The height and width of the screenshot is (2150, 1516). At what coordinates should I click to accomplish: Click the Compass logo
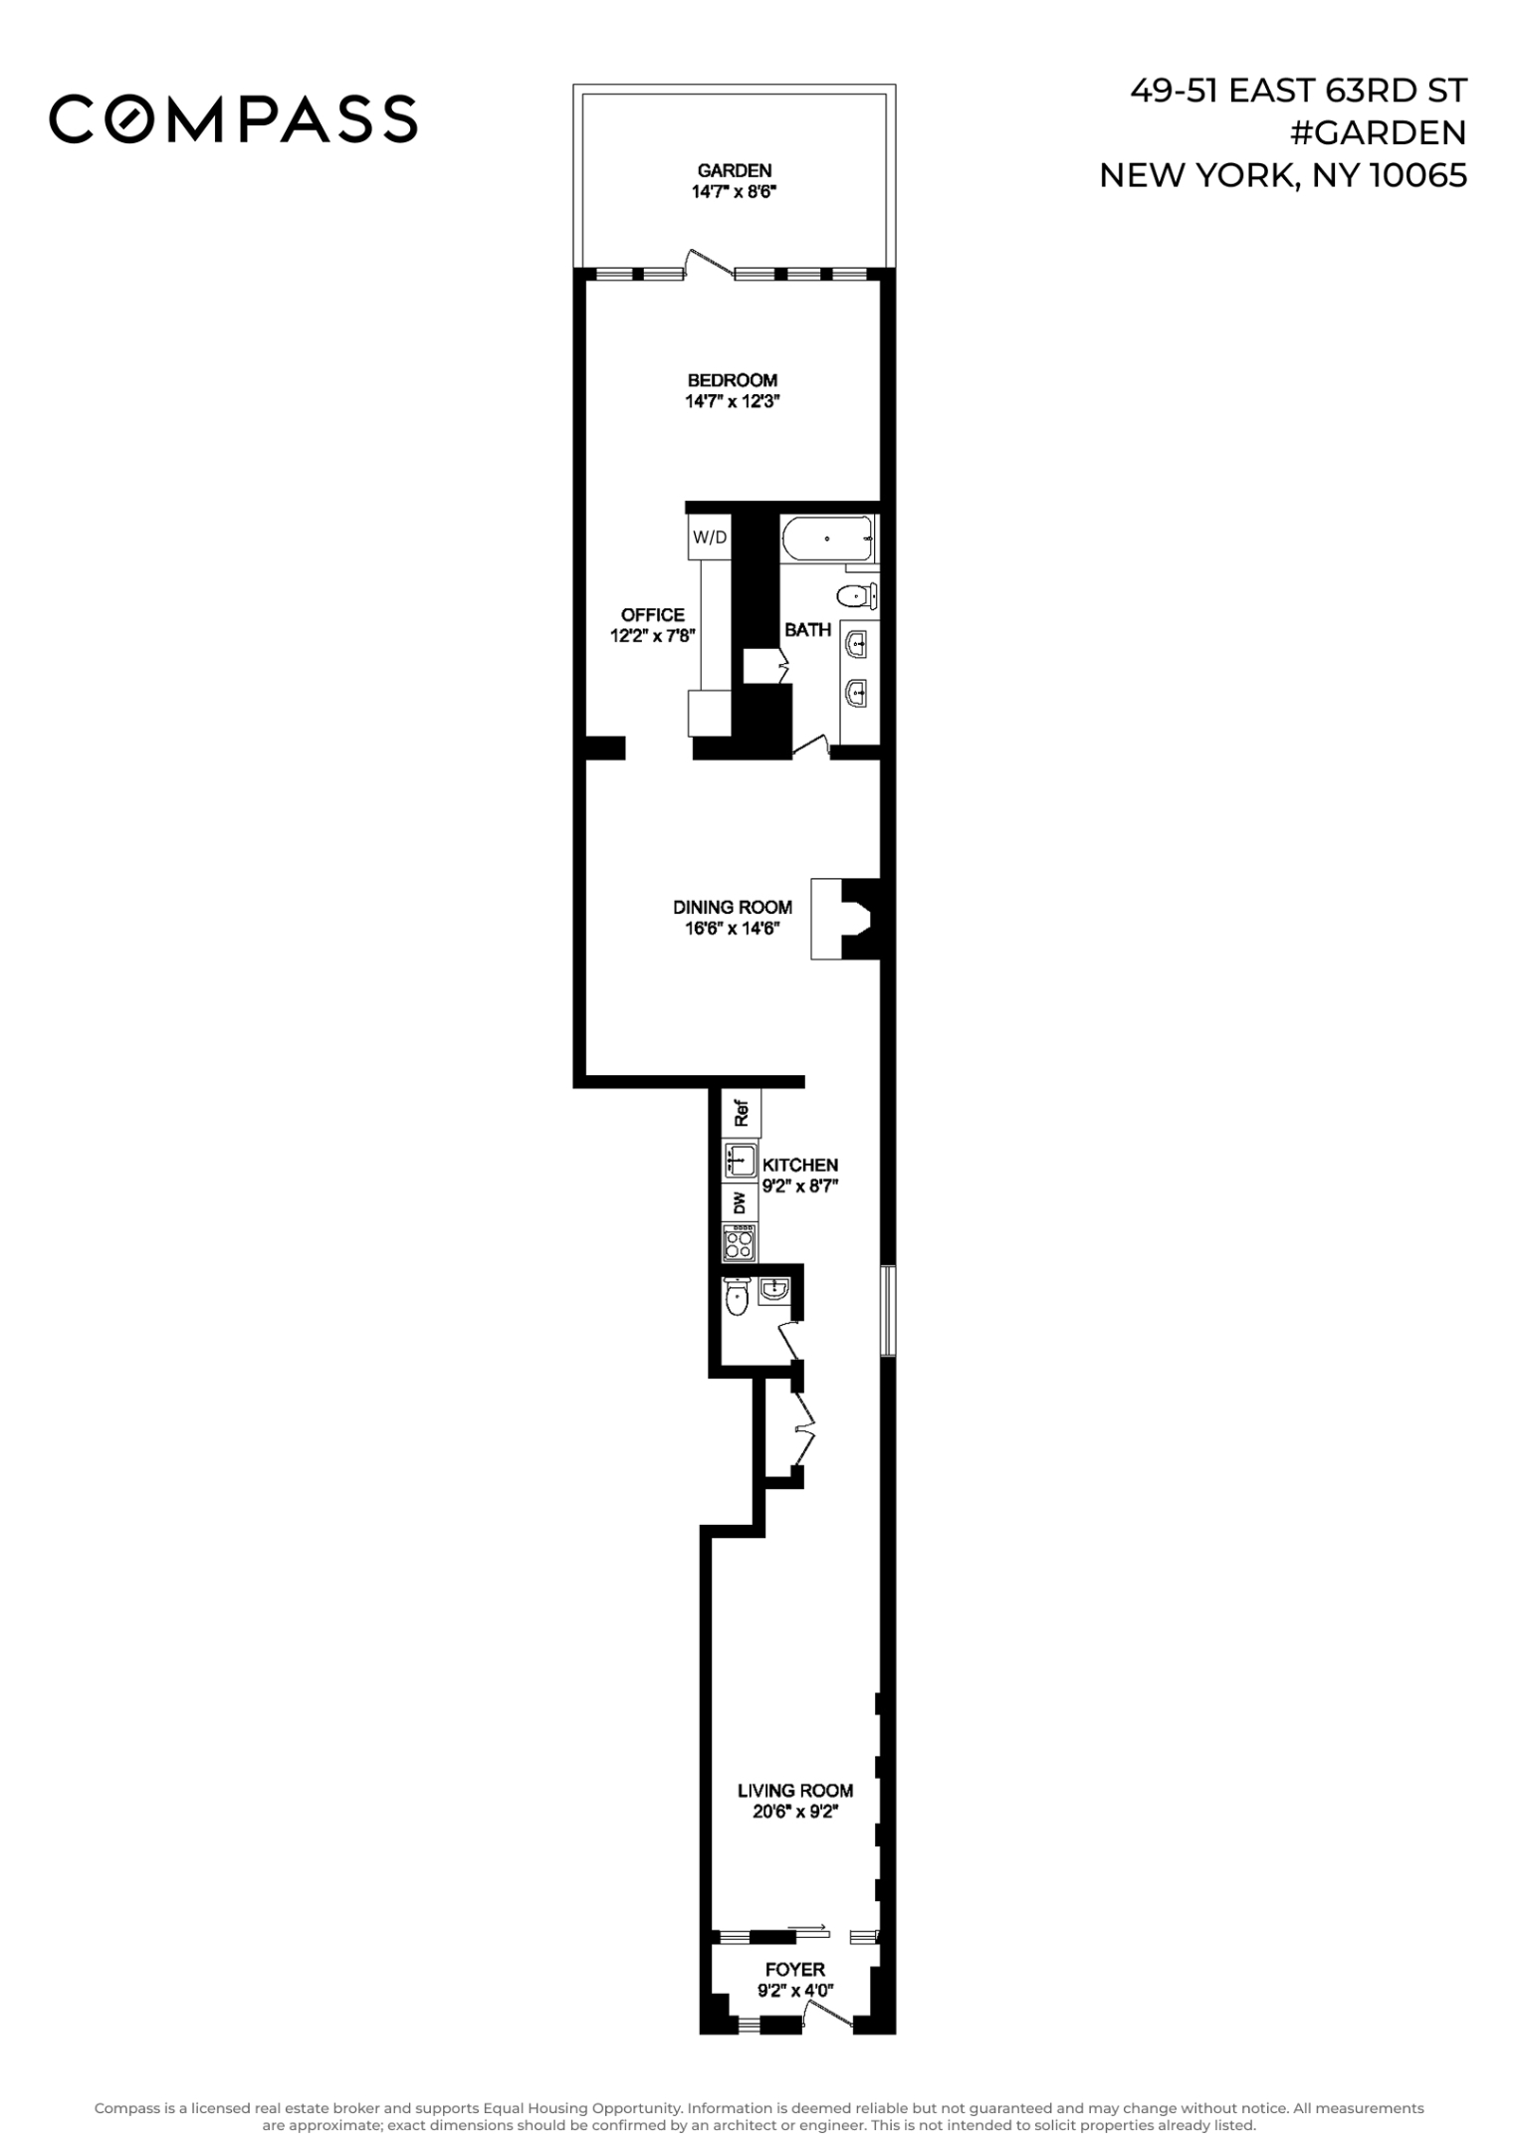233,118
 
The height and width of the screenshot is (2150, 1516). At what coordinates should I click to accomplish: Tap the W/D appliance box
709,537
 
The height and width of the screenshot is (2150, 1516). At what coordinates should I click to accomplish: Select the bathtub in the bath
827,538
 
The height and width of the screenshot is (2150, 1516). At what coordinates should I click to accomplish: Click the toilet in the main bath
855,596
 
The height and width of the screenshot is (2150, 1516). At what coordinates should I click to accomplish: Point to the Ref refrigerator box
741,1113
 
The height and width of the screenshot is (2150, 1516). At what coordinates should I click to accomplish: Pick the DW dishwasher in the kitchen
740,1203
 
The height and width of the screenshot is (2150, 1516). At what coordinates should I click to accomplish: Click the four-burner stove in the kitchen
740,1242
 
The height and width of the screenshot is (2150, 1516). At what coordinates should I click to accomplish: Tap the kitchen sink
740,1160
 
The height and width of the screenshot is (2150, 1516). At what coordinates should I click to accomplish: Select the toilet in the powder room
737,1297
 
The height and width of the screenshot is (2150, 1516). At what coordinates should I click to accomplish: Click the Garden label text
734,170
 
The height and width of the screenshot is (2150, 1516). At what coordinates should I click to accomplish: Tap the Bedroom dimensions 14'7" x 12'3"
732,402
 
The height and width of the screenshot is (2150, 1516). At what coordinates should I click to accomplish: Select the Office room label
653,615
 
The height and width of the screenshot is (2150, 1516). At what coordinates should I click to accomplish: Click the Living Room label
794,1791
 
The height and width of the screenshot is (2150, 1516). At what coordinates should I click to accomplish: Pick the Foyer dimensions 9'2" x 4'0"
794,1991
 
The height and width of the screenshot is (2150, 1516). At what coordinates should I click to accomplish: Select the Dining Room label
733,907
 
